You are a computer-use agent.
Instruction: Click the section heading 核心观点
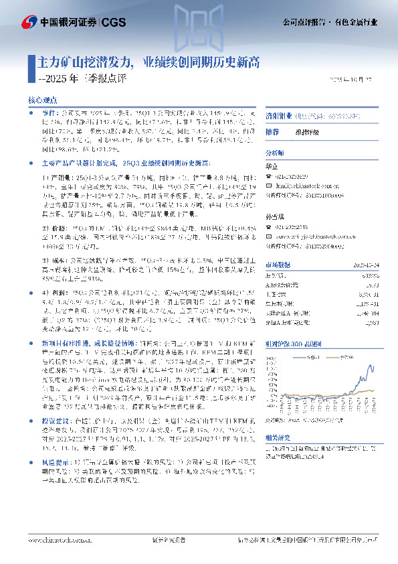42,99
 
